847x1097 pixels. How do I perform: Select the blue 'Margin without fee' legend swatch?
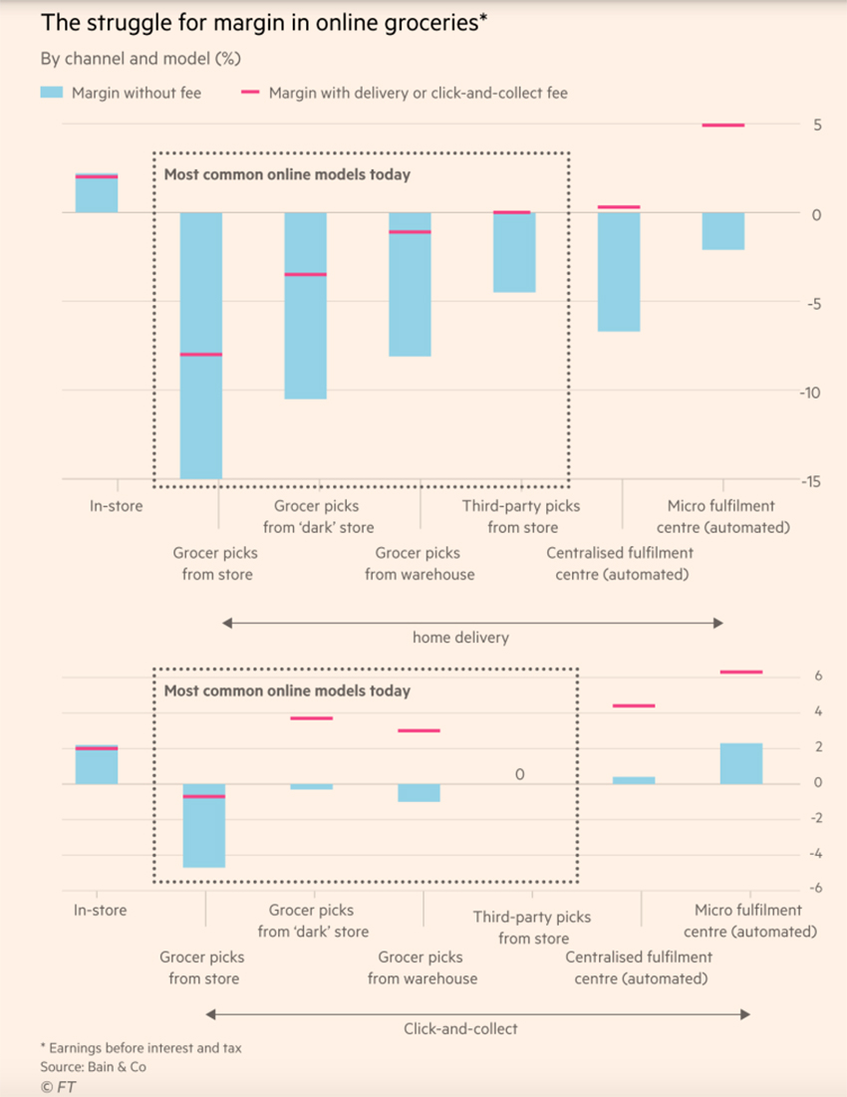[52, 93]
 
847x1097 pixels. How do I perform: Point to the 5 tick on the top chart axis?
[814, 126]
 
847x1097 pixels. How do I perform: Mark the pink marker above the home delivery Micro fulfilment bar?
[723, 126]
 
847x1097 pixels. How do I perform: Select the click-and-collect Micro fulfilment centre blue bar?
[741, 763]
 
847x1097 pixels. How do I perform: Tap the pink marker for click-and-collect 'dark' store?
[311, 718]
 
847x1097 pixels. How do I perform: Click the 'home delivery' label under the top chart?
[460, 638]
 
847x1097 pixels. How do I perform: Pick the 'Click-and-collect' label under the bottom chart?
[460, 1028]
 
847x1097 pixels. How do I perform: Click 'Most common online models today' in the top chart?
[287, 174]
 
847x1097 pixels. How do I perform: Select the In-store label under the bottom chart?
[101, 910]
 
